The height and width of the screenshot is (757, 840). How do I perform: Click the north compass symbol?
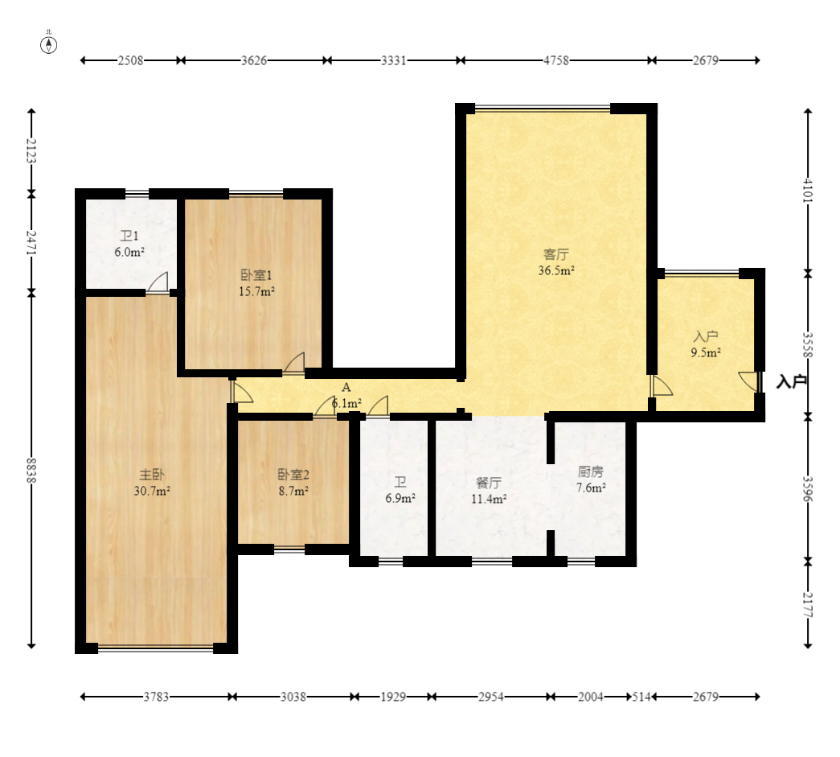(49, 45)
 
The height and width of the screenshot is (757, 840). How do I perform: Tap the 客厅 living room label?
(556, 254)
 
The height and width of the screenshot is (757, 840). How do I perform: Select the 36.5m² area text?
(556, 271)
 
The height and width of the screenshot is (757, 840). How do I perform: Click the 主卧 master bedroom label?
(152, 475)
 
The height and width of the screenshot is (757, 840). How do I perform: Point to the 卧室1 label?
(256, 275)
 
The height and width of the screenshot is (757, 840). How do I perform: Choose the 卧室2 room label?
(293, 475)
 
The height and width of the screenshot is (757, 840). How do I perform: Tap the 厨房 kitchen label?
(591, 471)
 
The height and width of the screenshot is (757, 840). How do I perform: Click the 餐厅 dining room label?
(489, 483)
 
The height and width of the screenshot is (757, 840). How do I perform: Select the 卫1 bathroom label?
(129, 236)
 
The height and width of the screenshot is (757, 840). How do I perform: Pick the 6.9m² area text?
(401, 499)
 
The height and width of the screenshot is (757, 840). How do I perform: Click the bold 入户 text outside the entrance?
(792, 381)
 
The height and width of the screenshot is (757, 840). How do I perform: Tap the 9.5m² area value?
(706, 353)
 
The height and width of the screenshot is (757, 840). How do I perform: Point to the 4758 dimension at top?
(556, 60)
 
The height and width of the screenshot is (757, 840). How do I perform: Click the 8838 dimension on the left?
(31, 470)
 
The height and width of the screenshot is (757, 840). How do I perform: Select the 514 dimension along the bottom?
(641, 697)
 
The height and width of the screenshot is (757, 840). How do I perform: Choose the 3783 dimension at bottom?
(156, 697)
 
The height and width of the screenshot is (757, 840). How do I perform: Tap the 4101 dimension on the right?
(808, 191)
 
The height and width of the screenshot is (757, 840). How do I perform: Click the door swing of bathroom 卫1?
(158, 282)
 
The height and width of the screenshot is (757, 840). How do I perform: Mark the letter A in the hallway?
(346, 387)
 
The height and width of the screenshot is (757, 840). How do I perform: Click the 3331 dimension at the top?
(394, 60)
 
